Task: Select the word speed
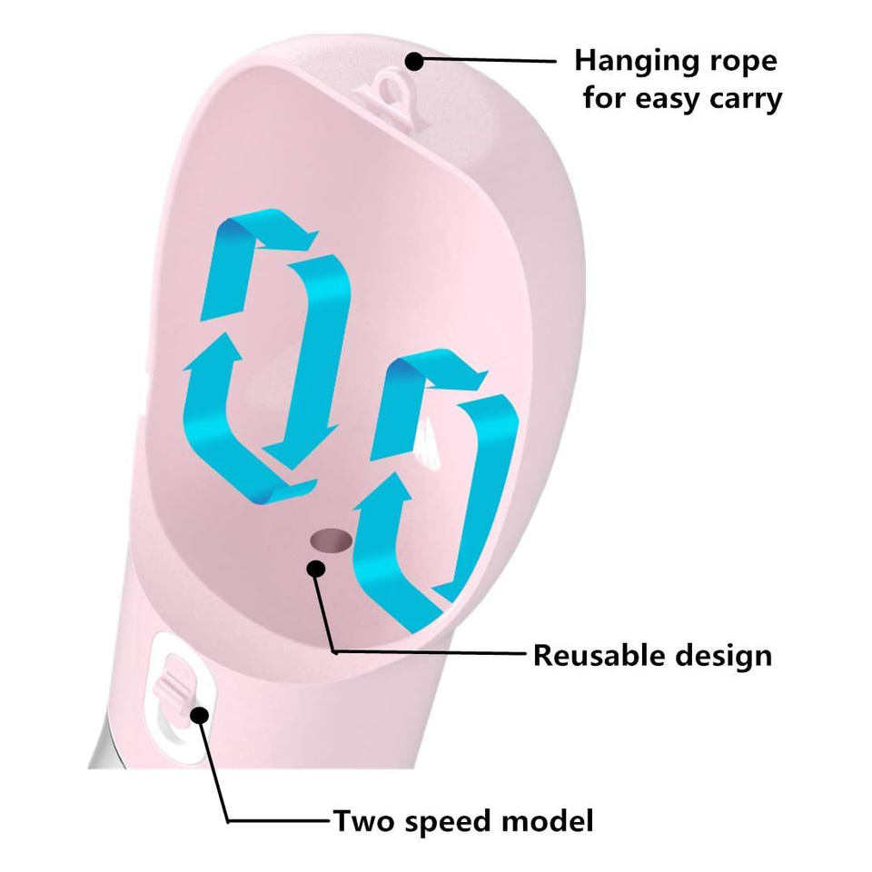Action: [x=444, y=822]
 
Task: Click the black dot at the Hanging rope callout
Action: [x=414, y=62]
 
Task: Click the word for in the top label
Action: [x=603, y=97]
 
